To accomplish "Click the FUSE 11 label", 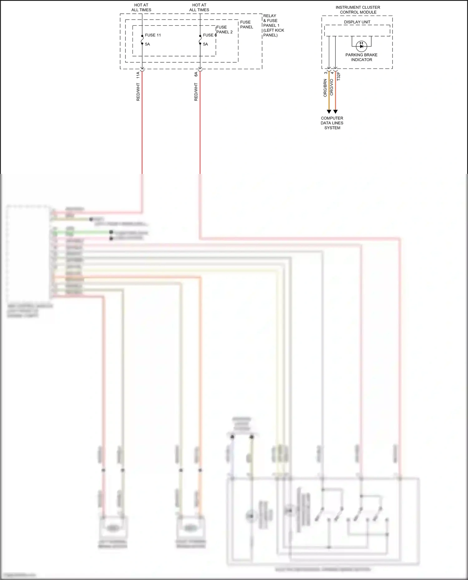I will pyautogui.click(x=153, y=35).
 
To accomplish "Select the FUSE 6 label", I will pyautogui.click(x=210, y=35).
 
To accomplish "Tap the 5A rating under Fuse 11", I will pyautogui.click(x=147, y=44).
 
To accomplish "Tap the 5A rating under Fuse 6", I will pyautogui.click(x=205, y=44).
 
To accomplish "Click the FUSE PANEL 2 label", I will pyautogui.click(x=224, y=30).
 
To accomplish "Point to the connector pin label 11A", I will pyautogui.click(x=138, y=75).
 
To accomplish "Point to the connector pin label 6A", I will pyautogui.click(x=196, y=74).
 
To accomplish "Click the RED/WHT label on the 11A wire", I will pyautogui.click(x=138, y=92).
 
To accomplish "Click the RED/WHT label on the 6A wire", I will pyautogui.click(x=196, y=92).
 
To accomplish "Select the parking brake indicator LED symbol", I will pyautogui.click(x=361, y=46).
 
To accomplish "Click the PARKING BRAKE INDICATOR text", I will pyautogui.click(x=361, y=57).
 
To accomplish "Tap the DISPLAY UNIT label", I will pyautogui.click(x=357, y=22).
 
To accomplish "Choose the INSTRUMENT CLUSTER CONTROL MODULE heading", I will pyautogui.click(x=358, y=10).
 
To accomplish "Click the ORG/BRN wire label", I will pyautogui.click(x=325, y=88).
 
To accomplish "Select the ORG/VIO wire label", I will pyautogui.click(x=332, y=87).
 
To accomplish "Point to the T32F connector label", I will pyautogui.click(x=339, y=76).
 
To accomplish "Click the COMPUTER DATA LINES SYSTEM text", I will pyautogui.click(x=332, y=123).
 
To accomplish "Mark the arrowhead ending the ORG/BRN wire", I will pyautogui.click(x=329, y=112).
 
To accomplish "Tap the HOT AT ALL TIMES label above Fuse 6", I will pyautogui.click(x=199, y=7).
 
